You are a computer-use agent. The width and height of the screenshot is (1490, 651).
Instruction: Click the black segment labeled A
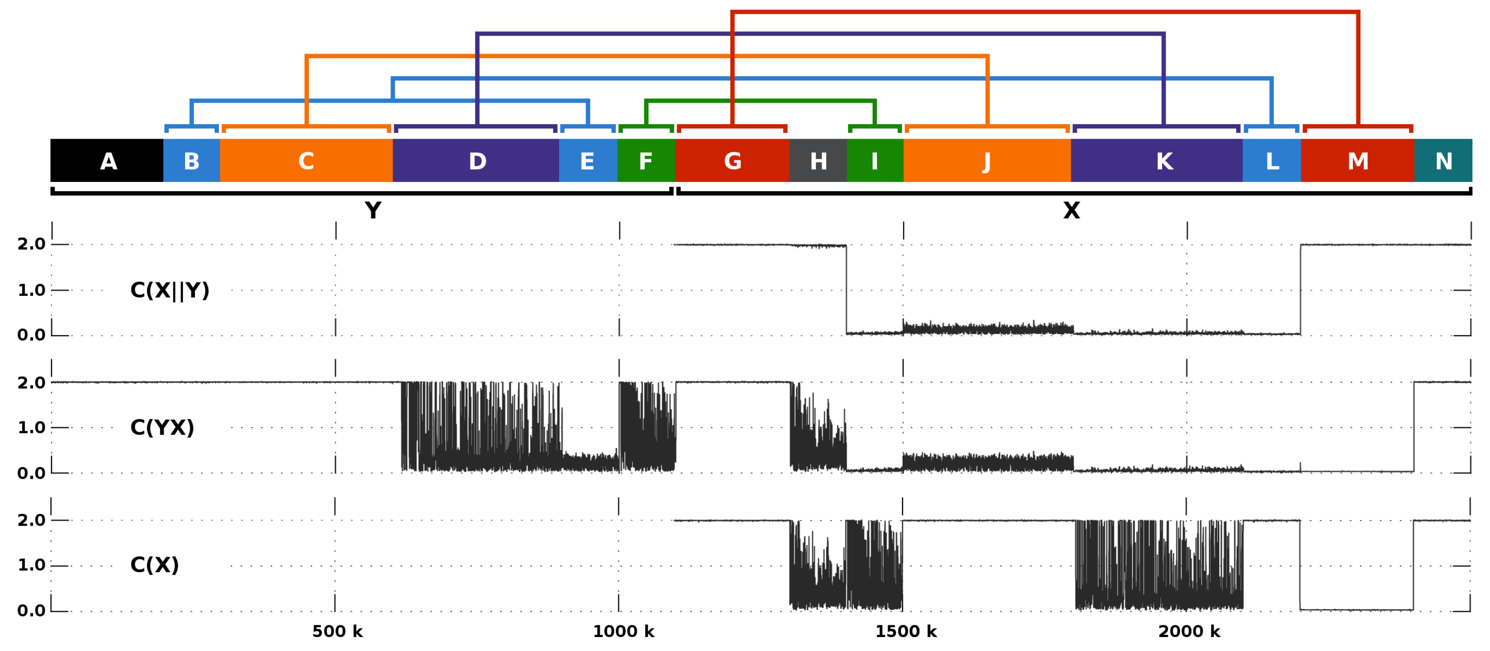click(108, 161)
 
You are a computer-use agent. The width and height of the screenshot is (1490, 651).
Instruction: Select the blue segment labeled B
click(191, 161)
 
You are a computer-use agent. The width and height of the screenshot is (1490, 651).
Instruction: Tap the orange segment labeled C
click(306, 161)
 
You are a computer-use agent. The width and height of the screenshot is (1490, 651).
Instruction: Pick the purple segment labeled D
click(477, 161)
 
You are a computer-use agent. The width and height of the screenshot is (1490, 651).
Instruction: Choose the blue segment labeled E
click(587, 161)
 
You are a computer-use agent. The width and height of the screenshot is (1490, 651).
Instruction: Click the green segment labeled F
click(646, 161)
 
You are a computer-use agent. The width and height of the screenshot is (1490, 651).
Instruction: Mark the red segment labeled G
click(732, 161)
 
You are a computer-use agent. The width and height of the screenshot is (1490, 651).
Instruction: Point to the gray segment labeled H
click(818, 161)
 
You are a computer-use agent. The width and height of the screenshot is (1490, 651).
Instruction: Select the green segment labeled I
click(875, 161)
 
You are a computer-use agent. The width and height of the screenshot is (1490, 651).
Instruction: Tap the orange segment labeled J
click(987, 161)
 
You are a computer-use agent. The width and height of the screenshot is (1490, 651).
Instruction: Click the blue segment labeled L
click(1272, 161)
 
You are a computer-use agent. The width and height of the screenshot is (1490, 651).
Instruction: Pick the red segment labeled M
click(1357, 161)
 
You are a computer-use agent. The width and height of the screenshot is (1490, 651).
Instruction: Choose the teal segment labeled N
click(1444, 161)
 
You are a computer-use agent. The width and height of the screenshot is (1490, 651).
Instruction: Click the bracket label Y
click(373, 210)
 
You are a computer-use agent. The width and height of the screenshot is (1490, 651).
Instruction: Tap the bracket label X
click(1071, 210)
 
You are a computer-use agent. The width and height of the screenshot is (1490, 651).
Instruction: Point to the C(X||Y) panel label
click(170, 290)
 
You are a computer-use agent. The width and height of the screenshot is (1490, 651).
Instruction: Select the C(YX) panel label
click(162, 427)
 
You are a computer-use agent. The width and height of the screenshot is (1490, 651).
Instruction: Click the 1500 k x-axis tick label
click(906, 631)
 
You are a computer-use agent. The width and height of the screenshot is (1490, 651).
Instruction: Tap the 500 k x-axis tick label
click(337, 631)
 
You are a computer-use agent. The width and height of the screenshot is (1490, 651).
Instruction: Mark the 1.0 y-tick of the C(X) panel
click(31, 565)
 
